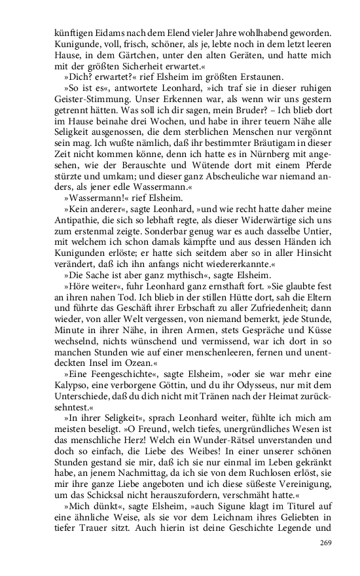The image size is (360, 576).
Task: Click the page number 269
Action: pyautogui.click(x=326, y=543)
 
